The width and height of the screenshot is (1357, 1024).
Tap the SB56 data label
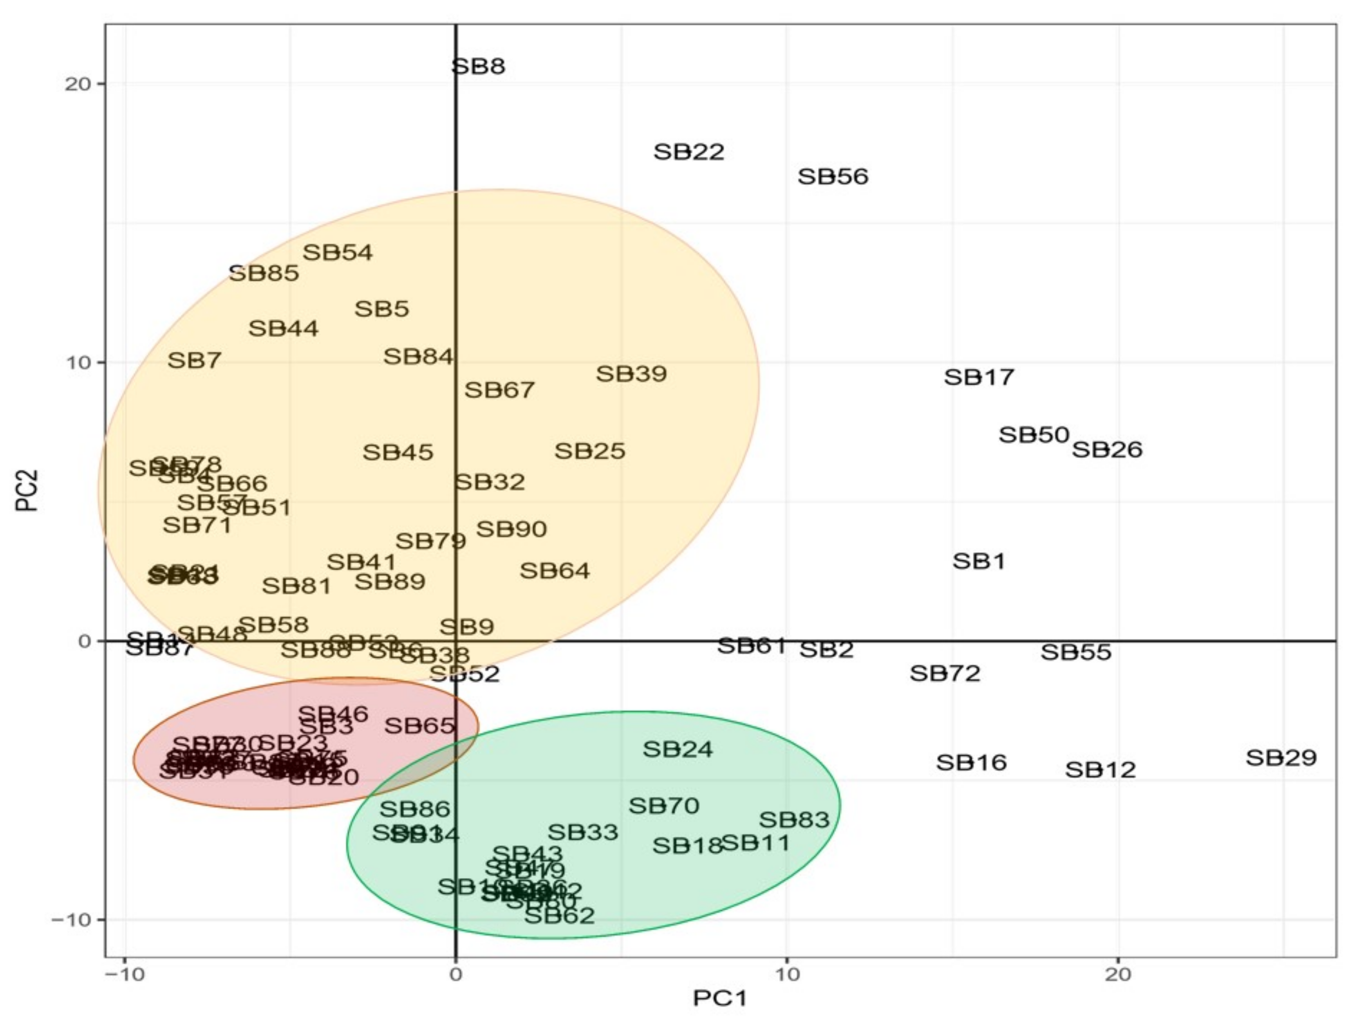point(833,177)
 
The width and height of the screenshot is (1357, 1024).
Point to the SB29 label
point(1281,758)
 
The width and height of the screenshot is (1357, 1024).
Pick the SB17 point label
point(979,377)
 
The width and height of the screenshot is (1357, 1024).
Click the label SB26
point(1107,450)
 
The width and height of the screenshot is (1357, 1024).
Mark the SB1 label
point(979,561)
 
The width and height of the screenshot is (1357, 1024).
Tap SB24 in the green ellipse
point(677,750)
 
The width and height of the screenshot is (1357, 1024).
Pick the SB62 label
point(560,916)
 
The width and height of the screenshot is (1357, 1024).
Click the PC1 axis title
point(720,998)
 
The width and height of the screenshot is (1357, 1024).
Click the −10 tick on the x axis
point(125,975)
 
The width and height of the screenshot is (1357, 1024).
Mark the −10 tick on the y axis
point(69,920)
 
